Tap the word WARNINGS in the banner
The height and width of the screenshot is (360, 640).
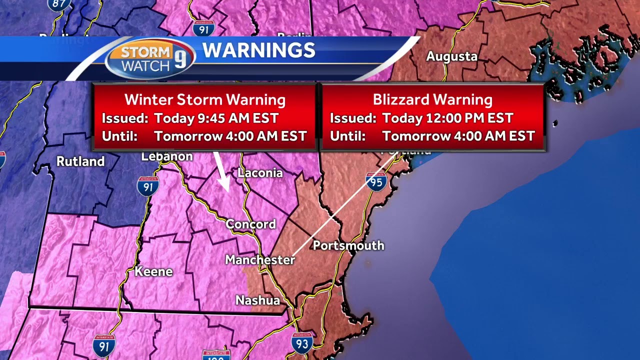[x=258, y=50]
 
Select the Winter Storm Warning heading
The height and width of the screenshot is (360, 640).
[x=205, y=99]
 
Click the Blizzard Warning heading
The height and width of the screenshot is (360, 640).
[x=432, y=99]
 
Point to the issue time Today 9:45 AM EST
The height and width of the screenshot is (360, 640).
[x=216, y=118]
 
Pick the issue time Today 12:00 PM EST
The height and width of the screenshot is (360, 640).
[x=447, y=118]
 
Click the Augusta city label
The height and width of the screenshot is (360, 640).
[x=451, y=56]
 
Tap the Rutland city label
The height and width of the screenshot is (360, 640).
[x=80, y=161]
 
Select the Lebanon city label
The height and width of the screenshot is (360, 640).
[x=167, y=156]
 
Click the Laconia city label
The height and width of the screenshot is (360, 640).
[x=260, y=173]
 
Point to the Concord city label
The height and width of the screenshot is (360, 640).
[x=250, y=224]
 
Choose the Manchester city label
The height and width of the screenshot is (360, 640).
[x=260, y=260]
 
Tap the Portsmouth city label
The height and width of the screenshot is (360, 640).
[x=348, y=245]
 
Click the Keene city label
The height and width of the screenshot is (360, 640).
[x=153, y=272]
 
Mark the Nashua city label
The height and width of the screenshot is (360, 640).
[x=257, y=300]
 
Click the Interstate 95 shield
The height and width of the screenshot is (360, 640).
[x=376, y=181]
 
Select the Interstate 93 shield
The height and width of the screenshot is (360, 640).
[x=302, y=343]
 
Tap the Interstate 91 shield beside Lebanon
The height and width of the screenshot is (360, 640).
[x=148, y=185]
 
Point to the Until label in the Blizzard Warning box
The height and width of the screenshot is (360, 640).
[x=347, y=136]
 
